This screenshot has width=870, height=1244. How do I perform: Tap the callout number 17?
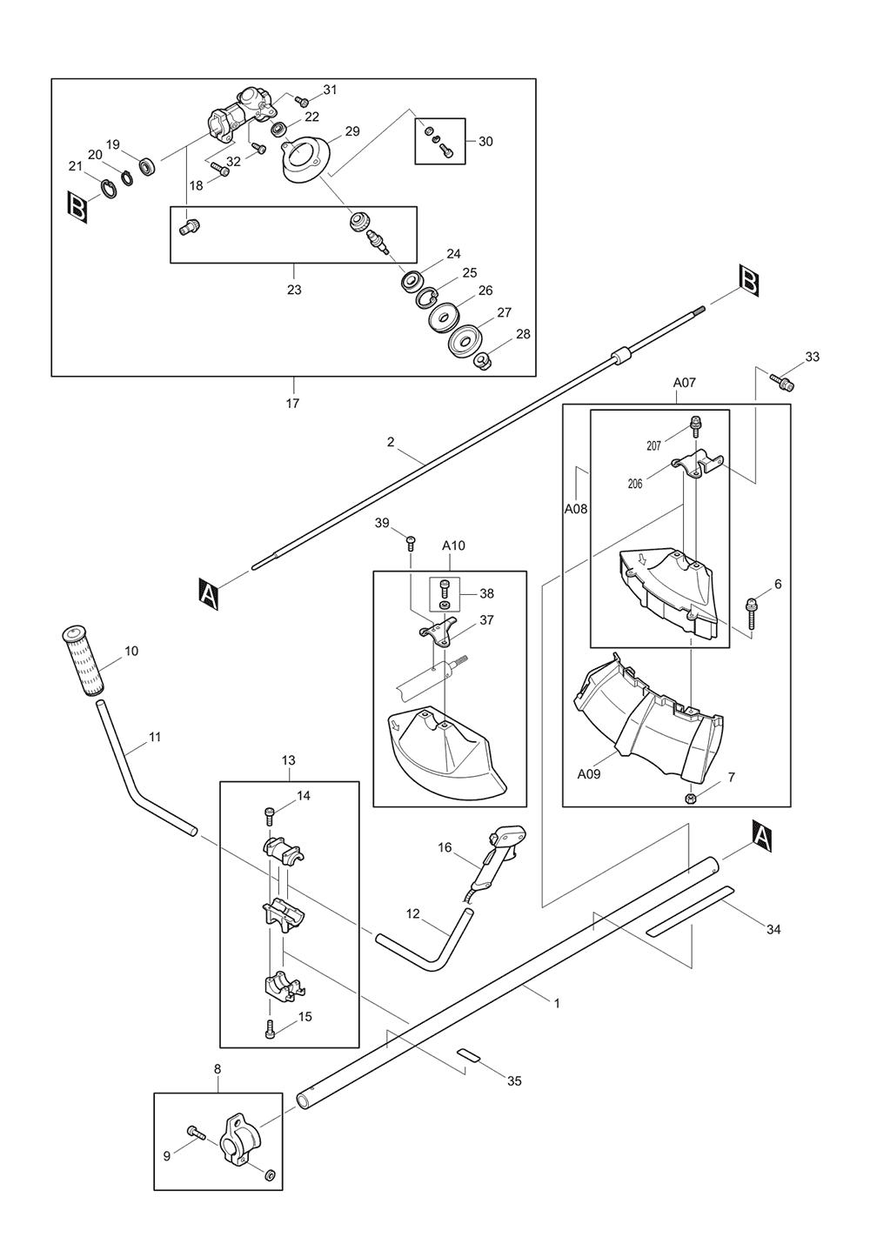coord(292,403)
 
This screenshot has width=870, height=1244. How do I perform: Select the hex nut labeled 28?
coord(481,359)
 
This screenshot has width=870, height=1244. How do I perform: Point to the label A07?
coord(685,382)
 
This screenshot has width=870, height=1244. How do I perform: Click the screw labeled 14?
coord(269,815)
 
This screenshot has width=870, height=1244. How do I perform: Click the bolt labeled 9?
coord(194,1133)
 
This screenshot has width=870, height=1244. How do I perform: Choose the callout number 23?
coord(294,290)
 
